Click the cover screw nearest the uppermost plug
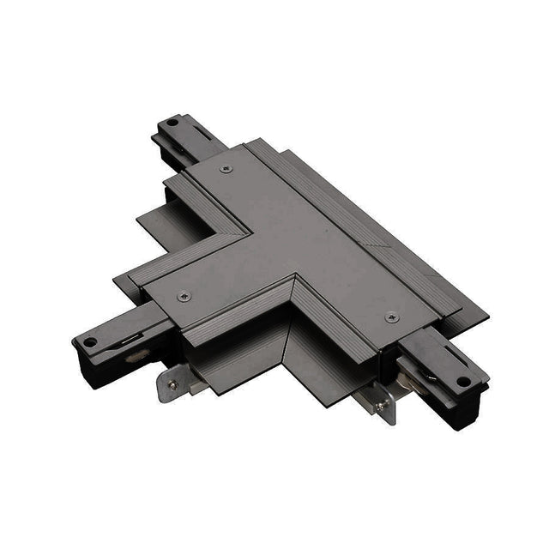(226, 169)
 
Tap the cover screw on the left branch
(182, 297)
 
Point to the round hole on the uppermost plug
(172, 122)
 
